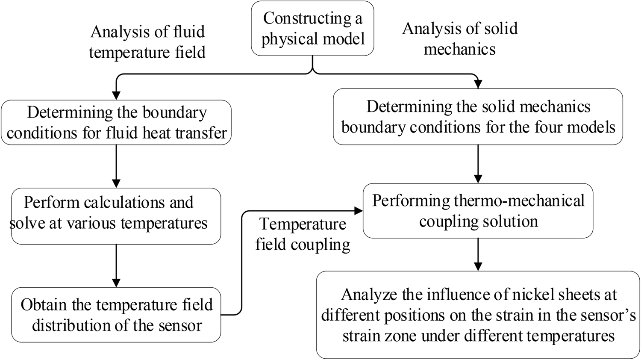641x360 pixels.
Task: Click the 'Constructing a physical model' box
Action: pos(312,28)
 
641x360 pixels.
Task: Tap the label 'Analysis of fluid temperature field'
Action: pos(147,42)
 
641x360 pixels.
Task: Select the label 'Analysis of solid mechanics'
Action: pos(460,38)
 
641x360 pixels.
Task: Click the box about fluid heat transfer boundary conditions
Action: pos(116,123)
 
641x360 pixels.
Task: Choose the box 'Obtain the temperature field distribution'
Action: pos(116,315)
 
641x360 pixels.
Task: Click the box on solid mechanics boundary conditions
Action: pos(478,117)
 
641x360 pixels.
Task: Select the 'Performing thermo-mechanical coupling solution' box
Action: pos(478,211)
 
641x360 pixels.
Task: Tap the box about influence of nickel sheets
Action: pos(478,315)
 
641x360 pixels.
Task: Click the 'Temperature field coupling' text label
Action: pos(303,234)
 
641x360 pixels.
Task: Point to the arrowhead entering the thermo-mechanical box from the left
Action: pos(359,210)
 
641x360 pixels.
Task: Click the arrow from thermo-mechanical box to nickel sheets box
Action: pos(478,254)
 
